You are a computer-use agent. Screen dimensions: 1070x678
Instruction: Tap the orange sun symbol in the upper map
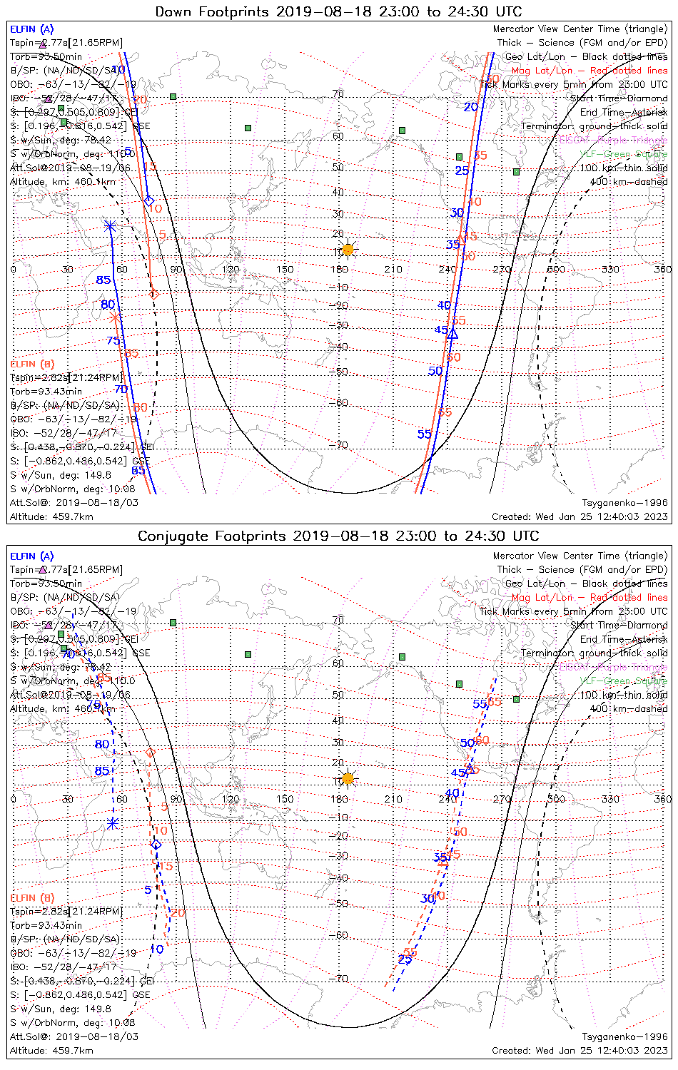tap(348, 249)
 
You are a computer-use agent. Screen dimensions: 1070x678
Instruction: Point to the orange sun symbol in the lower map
tap(348, 778)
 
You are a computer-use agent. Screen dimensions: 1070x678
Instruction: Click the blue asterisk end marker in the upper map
tap(110, 226)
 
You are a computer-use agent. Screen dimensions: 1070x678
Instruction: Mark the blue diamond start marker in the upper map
tap(148, 200)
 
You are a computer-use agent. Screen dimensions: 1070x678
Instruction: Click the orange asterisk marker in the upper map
tap(116, 317)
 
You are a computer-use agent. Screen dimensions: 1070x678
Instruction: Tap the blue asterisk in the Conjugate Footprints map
tap(112, 823)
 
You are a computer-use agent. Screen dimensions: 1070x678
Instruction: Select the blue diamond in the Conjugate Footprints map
tap(156, 845)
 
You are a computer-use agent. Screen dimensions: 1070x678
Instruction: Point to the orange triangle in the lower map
tap(443, 862)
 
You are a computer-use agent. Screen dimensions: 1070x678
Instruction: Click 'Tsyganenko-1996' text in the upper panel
tap(624, 503)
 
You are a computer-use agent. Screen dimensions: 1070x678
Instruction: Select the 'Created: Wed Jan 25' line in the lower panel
tap(580, 1050)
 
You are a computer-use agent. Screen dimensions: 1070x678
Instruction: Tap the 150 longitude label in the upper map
tap(285, 269)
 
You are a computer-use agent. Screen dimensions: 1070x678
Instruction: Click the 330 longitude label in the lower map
tap(610, 798)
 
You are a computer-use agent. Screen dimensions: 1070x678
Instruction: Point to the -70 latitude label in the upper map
tap(339, 445)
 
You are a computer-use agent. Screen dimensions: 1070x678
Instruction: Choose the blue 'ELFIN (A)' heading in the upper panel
tap(31, 29)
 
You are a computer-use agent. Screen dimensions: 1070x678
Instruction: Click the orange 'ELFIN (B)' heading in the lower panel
tap(31, 897)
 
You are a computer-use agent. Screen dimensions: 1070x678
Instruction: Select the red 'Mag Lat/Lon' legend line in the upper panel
tap(590, 71)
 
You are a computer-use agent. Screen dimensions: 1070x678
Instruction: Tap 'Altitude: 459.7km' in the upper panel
tap(51, 516)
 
